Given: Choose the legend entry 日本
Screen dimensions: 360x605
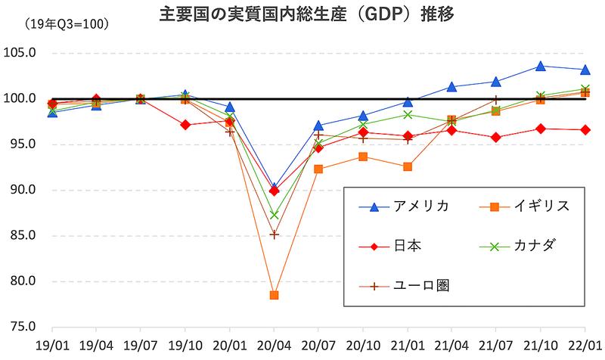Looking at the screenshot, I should [408, 246].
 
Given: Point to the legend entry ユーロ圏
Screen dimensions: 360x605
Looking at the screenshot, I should [420, 286].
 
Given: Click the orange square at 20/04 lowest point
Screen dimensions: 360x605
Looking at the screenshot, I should [274, 295].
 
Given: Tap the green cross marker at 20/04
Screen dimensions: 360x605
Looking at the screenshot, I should [274, 215].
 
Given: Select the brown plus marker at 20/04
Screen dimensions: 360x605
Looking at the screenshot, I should [274, 234].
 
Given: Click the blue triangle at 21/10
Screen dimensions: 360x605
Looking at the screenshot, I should [540, 66].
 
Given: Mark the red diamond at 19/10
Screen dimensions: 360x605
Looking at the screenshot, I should [185, 125].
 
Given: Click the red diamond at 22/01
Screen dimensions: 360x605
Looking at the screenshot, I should [585, 130].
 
